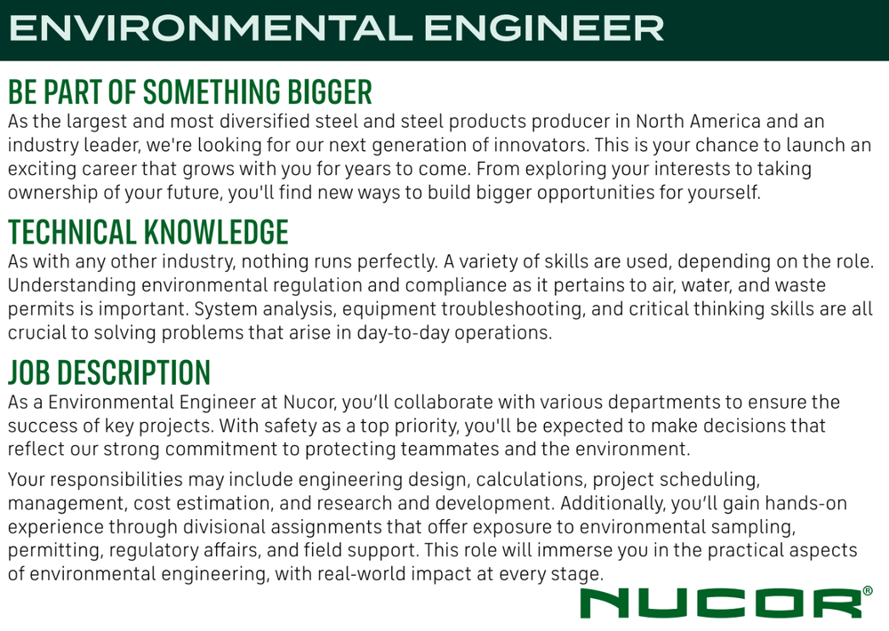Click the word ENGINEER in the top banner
(x=543, y=28)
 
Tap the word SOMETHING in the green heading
(x=212, y=92)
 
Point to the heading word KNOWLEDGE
(x=216, y=232)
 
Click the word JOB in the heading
(x=29, y=372)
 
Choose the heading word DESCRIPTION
(x=134, y=372)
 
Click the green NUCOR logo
(x=721, y=603)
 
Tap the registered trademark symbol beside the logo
(x=868, y=591)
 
